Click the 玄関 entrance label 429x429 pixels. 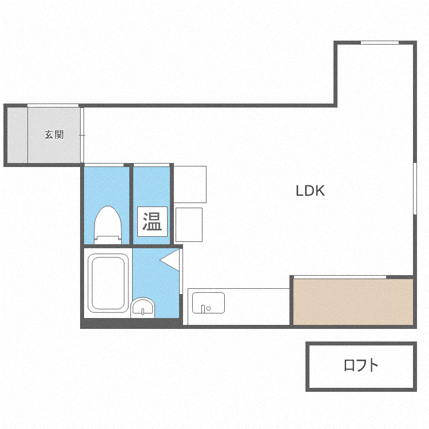pos(54,134)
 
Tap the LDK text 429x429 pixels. pos(310,190)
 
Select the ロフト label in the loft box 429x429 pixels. pos(361,365)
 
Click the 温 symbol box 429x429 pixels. pos(152,221)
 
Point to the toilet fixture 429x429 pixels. pos(108,225)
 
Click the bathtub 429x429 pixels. pos(108,283)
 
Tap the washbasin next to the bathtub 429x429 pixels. pos(142,308)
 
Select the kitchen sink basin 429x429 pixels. pos(208,303)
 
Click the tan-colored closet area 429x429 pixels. pos(353,302)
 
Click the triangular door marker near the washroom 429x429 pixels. pos(170,260)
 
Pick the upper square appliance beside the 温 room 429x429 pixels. pos(190,184)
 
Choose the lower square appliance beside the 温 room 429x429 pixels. pos(189,225)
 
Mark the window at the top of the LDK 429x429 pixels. pos(380,42)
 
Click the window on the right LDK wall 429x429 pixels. pos(415,189)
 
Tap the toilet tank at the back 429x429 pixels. pos(108,240)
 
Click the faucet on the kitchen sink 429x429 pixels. pos(203,309)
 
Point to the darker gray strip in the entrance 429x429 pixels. pos(17,135)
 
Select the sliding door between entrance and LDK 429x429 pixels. pos(82,135)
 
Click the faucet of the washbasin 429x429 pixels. pos(143,311)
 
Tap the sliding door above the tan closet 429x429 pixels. pos(340,277)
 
